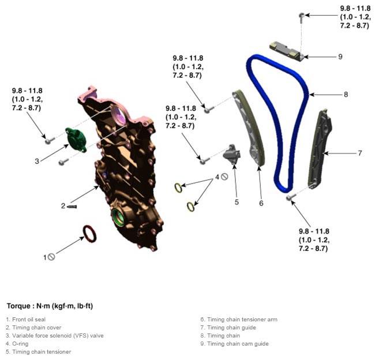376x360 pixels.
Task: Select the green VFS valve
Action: click(76, 140)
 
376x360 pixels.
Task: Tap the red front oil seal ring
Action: click(90, 234)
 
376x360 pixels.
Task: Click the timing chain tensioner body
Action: click(232, 153)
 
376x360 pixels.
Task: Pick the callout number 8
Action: click(346, 95)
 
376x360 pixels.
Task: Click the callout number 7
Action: click(360, 153)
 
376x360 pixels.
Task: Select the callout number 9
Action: click(340, 57)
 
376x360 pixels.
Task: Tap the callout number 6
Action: click(261, 203)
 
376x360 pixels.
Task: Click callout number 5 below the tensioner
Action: click(236, 202)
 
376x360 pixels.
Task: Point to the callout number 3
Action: click(37, 161)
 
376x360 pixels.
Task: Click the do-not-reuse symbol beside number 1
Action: click(51, 257)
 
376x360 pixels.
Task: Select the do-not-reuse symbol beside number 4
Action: click(224, 177)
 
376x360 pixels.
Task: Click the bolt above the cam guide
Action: click(302, 18)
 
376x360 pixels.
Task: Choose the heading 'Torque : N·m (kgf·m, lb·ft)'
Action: click(50, 306)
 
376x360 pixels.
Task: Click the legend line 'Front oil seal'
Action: click(25, 320)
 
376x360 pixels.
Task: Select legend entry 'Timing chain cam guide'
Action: click(234, 344)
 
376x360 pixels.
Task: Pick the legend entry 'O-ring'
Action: click(17, 344)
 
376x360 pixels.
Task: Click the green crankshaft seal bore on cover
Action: click(118, 217)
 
